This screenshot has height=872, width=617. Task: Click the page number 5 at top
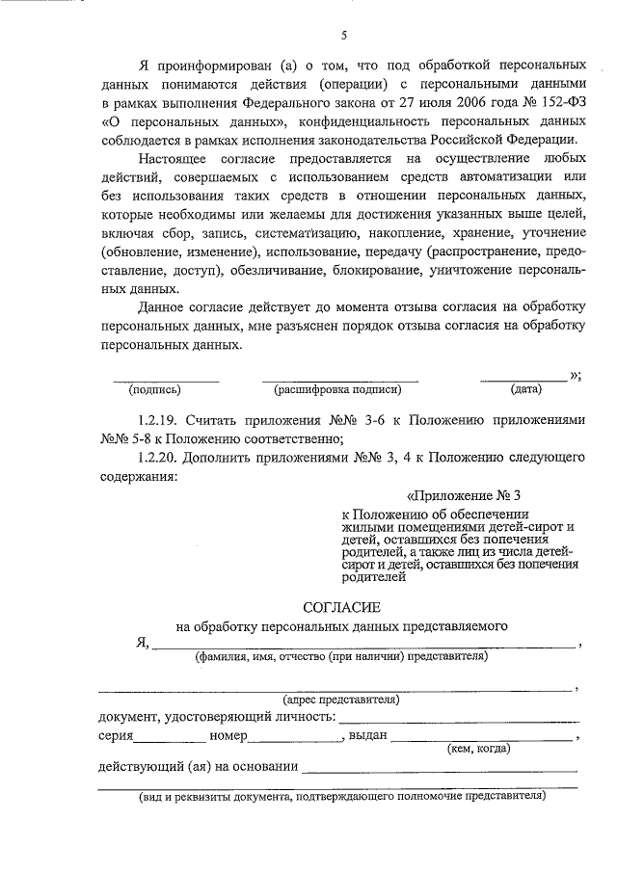click(x=343, y=37)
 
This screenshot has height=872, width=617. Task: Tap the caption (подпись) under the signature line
click(x=155, y=390)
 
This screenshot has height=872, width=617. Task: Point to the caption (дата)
click(x=525, y=390)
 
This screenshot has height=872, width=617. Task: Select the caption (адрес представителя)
click(x=340, y=700)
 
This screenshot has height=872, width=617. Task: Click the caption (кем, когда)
click(x=478, y=748)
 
